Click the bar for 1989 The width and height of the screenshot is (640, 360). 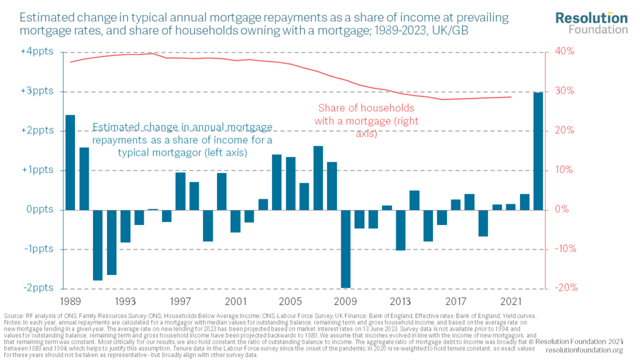[70, 162]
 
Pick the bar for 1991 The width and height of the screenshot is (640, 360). [97, 245]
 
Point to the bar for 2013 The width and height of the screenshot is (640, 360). [401, 230]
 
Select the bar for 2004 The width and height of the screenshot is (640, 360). [277, 182]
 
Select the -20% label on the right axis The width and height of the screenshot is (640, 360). [563, 288]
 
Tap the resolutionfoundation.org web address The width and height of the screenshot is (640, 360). [590, 351]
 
